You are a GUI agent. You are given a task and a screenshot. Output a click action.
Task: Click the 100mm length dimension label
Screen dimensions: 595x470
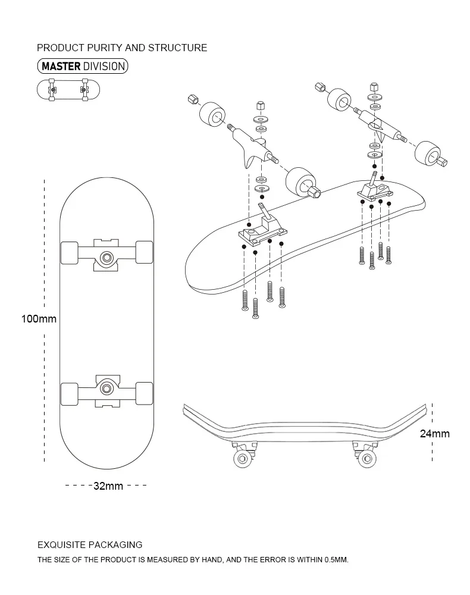[x=39, y=319]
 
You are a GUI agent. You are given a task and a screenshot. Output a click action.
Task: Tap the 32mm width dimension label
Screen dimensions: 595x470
[x=108, y=486]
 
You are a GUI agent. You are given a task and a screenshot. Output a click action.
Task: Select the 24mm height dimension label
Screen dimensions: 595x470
[x=434, y=434]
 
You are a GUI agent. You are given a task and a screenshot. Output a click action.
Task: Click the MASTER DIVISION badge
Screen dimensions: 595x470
[x=83, y=66]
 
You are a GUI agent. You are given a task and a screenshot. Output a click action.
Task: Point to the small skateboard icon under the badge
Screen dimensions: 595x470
[x=68, y=90]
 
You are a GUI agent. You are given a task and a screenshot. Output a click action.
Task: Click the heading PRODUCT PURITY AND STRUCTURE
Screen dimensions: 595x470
[x=122, y=48]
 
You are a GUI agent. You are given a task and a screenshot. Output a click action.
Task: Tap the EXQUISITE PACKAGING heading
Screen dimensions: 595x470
[x=90, y=544]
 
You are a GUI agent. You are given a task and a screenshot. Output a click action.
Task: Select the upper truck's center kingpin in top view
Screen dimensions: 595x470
[x=107, y=257]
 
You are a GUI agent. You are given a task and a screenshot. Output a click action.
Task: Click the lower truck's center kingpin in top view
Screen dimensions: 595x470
[x=107, y=388]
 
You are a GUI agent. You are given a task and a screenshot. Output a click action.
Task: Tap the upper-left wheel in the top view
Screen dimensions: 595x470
[x=70, y=252]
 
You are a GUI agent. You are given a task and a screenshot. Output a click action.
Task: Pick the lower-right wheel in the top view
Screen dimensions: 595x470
[x=145, y=393]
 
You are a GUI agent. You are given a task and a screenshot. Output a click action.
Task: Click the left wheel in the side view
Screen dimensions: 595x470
[x=242, y=458]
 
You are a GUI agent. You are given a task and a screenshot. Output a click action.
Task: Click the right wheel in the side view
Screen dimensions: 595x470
[x=365, y=458]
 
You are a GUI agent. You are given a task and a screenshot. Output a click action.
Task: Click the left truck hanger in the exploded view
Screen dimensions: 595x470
[x=250, y=142]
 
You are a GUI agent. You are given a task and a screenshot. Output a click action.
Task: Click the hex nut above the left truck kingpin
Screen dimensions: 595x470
[x=260, y=105]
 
